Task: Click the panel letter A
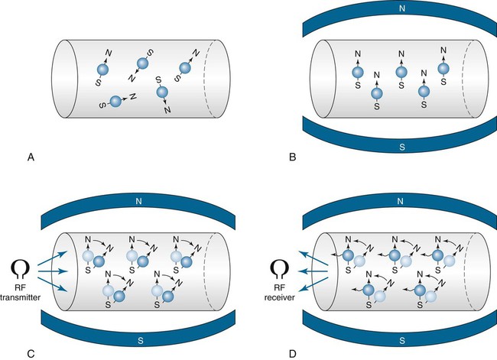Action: [x=31, y=157]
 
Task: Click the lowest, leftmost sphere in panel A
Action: [x=115, y=101]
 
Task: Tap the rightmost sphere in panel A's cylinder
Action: [x=185, y=66]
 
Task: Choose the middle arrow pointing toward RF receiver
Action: [x=314, y=271]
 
